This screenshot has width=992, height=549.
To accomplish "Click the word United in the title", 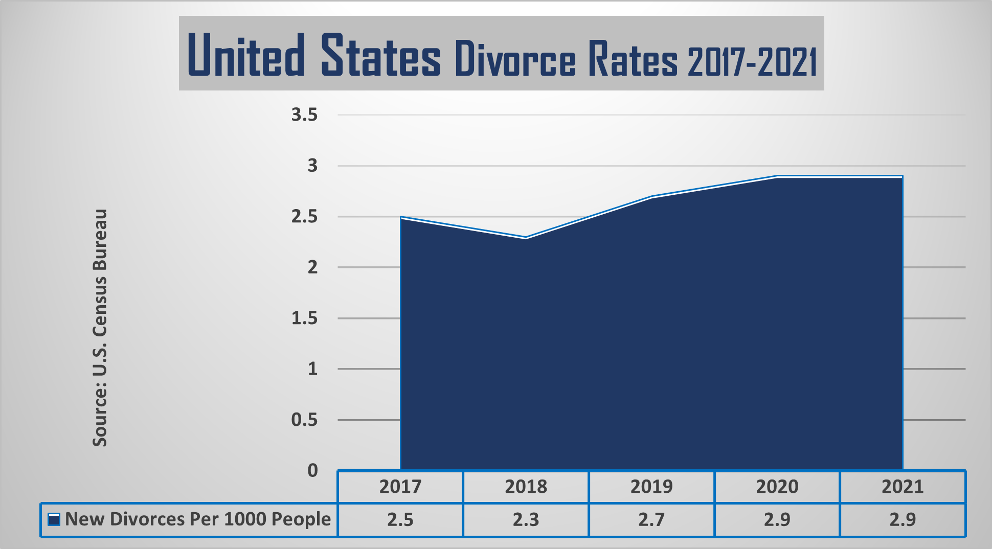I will click(x=246, y=55).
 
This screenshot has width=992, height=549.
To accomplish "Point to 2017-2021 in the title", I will click(x=752, y=61).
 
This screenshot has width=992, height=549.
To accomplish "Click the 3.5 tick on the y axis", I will click(x=304, y=115).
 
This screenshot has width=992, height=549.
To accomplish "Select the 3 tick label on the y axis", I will click(x=312, y=166).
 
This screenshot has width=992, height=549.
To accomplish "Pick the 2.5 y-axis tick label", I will click(x=304, y=217).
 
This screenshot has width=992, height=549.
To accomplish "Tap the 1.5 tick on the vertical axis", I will click(x=304, y=318).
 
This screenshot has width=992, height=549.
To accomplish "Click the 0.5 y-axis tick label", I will click(x=304, y=420).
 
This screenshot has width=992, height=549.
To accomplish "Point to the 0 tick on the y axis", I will click(x=312, y=470).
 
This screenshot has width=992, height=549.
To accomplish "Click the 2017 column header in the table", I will click(x=400, y=487).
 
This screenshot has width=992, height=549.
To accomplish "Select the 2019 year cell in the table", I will click(x=651, y=487).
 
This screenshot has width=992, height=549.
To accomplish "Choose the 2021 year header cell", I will click(x=903, y=487).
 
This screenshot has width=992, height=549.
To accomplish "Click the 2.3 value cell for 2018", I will click(x=526, y=520).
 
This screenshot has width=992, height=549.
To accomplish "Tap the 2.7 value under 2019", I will click(x=651, y=520).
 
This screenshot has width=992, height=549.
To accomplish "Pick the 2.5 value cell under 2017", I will click(x=400, y=520).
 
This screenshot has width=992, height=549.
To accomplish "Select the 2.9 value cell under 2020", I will click(x=777, y=520).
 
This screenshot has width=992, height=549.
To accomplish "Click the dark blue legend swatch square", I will click(x=54, y=520).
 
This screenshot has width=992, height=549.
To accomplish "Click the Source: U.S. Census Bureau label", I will click(x=100, y=328).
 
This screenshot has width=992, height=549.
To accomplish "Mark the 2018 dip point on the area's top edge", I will click(x=526, y=238).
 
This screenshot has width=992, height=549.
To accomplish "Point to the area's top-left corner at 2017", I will click(x=401, y=217).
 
